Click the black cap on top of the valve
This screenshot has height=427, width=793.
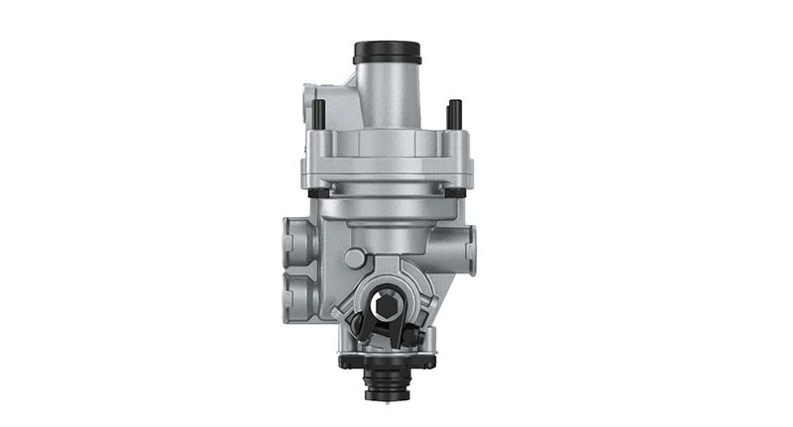388,51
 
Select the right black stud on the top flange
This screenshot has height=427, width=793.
452,113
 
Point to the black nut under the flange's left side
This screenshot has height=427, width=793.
315,192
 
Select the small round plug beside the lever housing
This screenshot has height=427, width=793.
354,259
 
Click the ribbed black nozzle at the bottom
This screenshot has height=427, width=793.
388,382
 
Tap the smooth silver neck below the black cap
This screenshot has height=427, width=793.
388,87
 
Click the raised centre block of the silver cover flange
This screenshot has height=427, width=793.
388,149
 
